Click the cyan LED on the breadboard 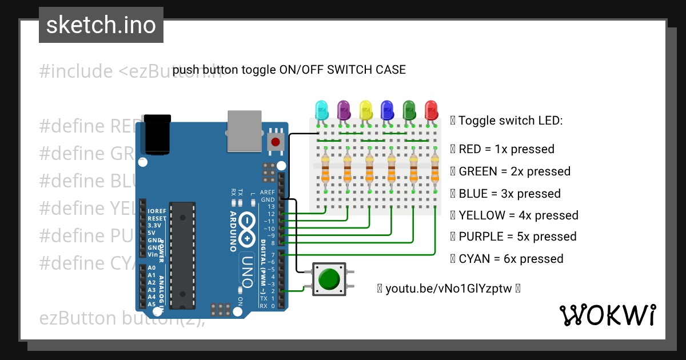coord(322,109)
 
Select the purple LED coord(344,109)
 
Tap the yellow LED coord(365,109)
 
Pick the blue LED coord(387,109)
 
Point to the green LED coord(409,109)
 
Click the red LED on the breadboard coord(430,109)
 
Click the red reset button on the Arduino coord(276,142)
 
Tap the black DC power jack coord(155,135)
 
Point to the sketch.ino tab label coord(101,25)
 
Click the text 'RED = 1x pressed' coord(506,149)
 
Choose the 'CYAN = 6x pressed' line coord(510,259)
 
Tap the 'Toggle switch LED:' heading coord(510,121)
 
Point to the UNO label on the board coord(247,269)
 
